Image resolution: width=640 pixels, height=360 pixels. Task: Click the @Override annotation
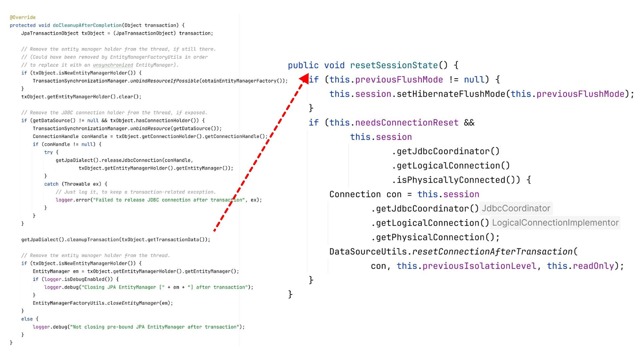[23, 17]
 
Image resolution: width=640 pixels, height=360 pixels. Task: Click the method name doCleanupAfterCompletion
[87, 25]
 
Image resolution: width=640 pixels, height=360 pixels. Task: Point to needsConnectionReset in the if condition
[407, 123]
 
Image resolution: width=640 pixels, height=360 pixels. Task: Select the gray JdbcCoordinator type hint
[516, 208]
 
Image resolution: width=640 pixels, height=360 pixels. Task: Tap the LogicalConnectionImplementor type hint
[555, 223]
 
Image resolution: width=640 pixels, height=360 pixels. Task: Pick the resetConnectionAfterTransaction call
[492, 252]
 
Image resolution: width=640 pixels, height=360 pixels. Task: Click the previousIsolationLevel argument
[479, 266]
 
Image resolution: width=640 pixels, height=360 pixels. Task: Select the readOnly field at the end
[593, 266]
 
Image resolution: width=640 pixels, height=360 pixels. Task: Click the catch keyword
[51, 184]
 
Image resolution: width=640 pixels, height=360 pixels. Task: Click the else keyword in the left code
[27, 319]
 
